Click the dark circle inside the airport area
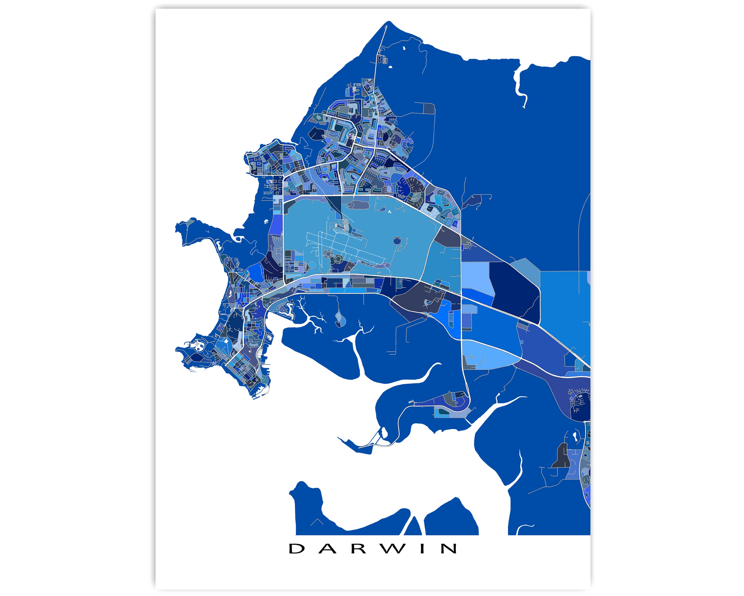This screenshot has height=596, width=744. [397, 240]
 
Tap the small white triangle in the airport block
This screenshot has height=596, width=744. [390, 213]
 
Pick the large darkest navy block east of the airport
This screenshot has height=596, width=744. [515, 290]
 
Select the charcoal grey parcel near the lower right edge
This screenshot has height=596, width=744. [561, 456]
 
